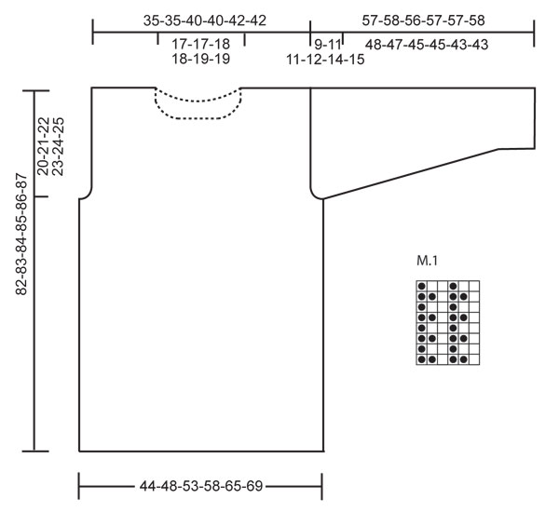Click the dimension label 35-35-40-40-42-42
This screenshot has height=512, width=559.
tap(205, 20)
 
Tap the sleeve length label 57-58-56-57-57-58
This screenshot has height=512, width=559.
tap(423, 20)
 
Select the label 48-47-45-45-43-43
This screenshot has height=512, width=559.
tap(427, 45)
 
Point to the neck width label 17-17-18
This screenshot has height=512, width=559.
tap(200, 44)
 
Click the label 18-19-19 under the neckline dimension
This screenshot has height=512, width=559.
tap(200, 59)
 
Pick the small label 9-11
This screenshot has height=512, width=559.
tap(328, 45)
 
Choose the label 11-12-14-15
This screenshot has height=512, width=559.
tap(325, 60)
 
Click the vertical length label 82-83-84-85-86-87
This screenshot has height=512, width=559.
tap(21, 234)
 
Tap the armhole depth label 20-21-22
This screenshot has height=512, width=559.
tap(43, 146)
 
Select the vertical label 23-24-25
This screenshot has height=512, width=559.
tap(58, 146)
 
